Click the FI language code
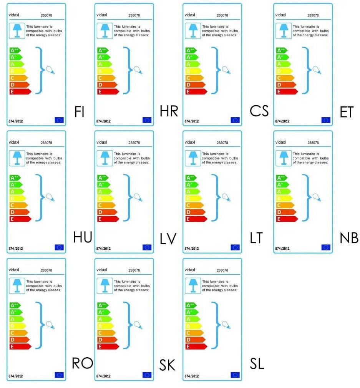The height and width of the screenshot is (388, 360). coord(79,111)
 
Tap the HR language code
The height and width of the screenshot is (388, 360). coord(169,111)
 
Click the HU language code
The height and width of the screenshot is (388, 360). coord(83,237)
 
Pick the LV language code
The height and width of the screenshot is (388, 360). coord(168,239)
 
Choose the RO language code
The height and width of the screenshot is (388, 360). coord(83,363)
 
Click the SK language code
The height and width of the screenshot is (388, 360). coord(168,365)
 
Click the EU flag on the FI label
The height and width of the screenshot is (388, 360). coord(59,120)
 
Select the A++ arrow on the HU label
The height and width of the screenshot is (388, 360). coord(15,178)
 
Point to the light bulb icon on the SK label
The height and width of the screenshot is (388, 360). coord(138,325)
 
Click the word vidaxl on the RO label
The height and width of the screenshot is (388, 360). coord(14,270)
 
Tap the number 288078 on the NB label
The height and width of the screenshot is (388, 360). coord(314,143)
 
